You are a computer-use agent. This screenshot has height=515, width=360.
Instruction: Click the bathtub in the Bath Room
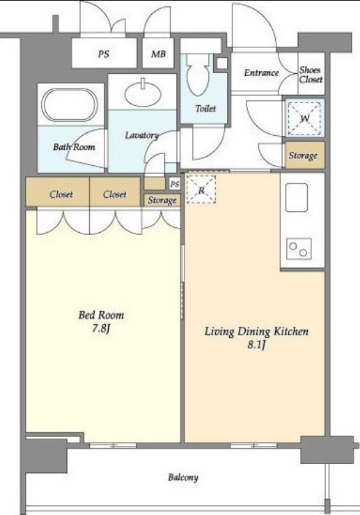(x=69, y=105)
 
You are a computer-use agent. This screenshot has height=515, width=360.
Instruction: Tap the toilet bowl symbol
(x=198, y=75)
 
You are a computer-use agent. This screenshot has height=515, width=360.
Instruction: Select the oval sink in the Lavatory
(x=143, y=93)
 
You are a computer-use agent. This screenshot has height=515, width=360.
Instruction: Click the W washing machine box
(x=304, y=118)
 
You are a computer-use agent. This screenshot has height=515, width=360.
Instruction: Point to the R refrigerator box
(x=201, y=190)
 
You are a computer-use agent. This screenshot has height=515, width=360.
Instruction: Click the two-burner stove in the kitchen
(x=299, y=249)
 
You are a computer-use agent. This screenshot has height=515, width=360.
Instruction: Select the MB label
(x=158, y=54)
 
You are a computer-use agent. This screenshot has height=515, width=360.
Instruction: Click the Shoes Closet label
(x=311, y=75)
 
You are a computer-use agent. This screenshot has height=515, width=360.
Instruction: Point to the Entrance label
(x=261, y=72)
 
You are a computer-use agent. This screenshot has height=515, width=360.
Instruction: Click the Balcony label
(x=183, y=477)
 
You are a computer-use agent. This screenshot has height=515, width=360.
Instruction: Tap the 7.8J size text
(x=101, y=328)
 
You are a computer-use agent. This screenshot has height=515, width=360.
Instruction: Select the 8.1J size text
(x=256, y=345)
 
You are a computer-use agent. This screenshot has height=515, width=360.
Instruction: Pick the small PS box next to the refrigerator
(x=175, y=184)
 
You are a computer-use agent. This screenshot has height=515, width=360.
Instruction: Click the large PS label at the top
(x=104, y=54)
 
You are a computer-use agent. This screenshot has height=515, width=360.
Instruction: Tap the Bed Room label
(x=101, y=315)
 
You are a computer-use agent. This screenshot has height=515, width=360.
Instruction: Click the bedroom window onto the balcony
(x=113, y=446)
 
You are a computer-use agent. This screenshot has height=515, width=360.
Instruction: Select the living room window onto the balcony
(x=253, y=446)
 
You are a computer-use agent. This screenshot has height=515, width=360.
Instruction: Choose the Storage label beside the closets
(x=162, y=200)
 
